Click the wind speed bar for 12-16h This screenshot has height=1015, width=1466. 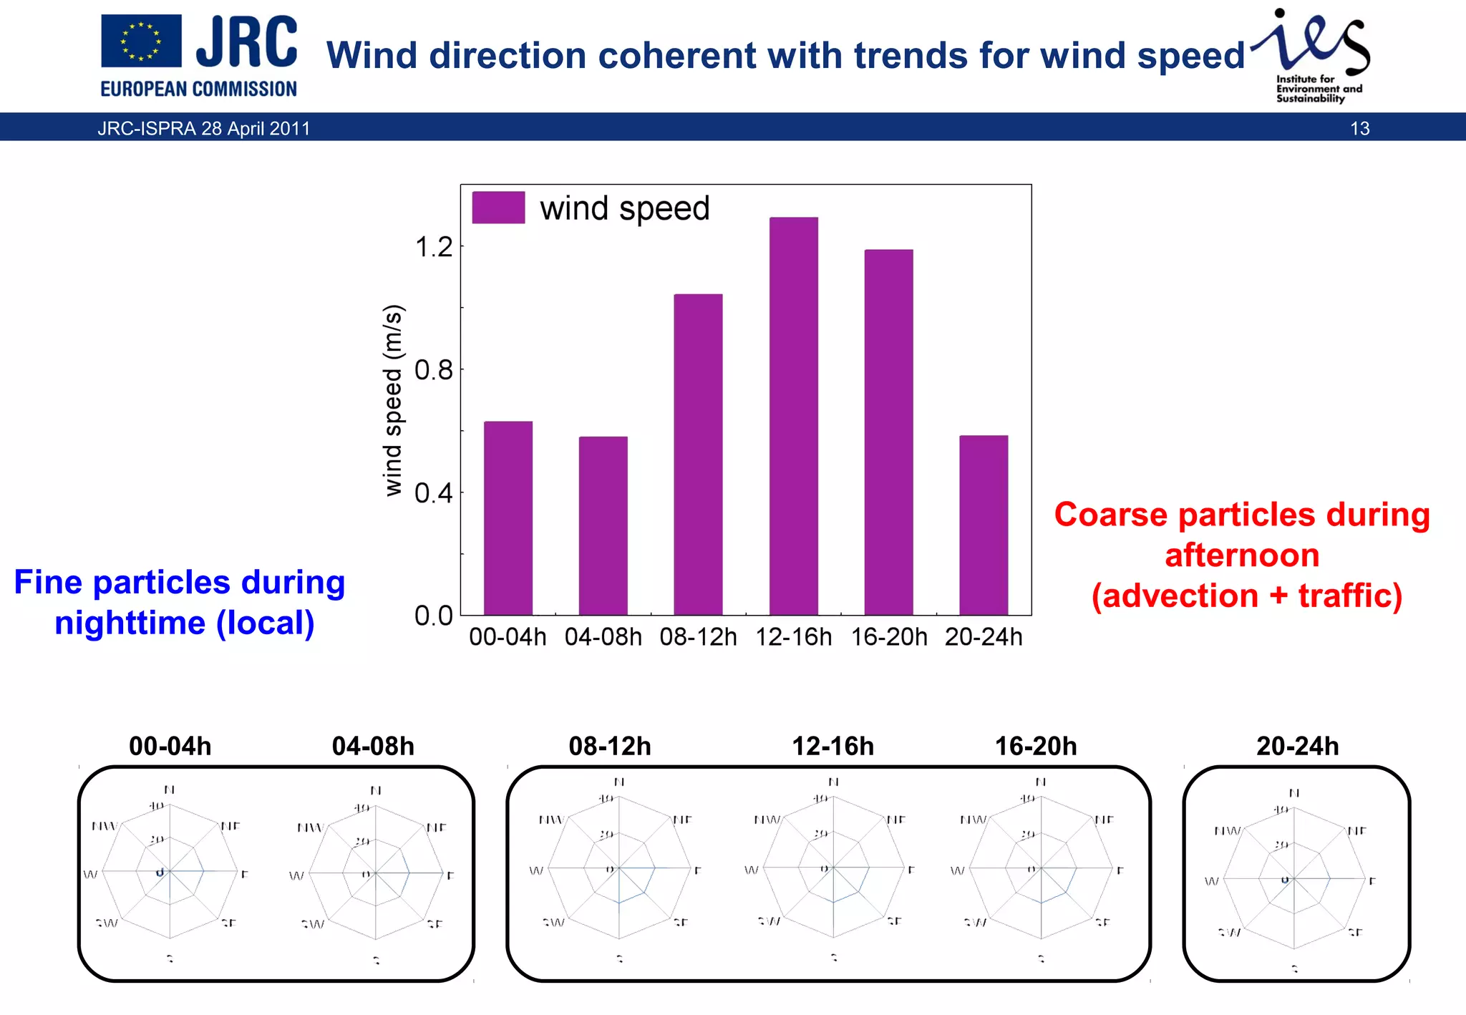pos(793,415)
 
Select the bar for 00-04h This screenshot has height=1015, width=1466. pos(508,518)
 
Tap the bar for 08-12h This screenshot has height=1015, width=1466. pos(698,454)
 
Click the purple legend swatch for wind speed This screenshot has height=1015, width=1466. pos(498,208)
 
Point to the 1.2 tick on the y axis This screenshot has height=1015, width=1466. pos(435,248)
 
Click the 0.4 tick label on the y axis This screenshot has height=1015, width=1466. pos(435,493)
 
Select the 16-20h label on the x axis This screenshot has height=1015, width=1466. pos(888,637)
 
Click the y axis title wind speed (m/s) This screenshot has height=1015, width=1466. pos(393,401)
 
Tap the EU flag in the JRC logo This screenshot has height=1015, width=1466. pos(141,42)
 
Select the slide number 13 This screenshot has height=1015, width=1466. pos(1359,129)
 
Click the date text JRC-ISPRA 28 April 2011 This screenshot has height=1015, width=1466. pos(204,129)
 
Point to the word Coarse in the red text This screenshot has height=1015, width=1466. pos(1110,515)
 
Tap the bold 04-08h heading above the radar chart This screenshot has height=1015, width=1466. pos(373,747)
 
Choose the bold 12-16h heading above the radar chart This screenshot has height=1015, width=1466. pos(832,747)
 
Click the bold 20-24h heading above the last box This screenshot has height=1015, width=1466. pos(1297,747)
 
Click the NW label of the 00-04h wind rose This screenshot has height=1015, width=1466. pos(104,826)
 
